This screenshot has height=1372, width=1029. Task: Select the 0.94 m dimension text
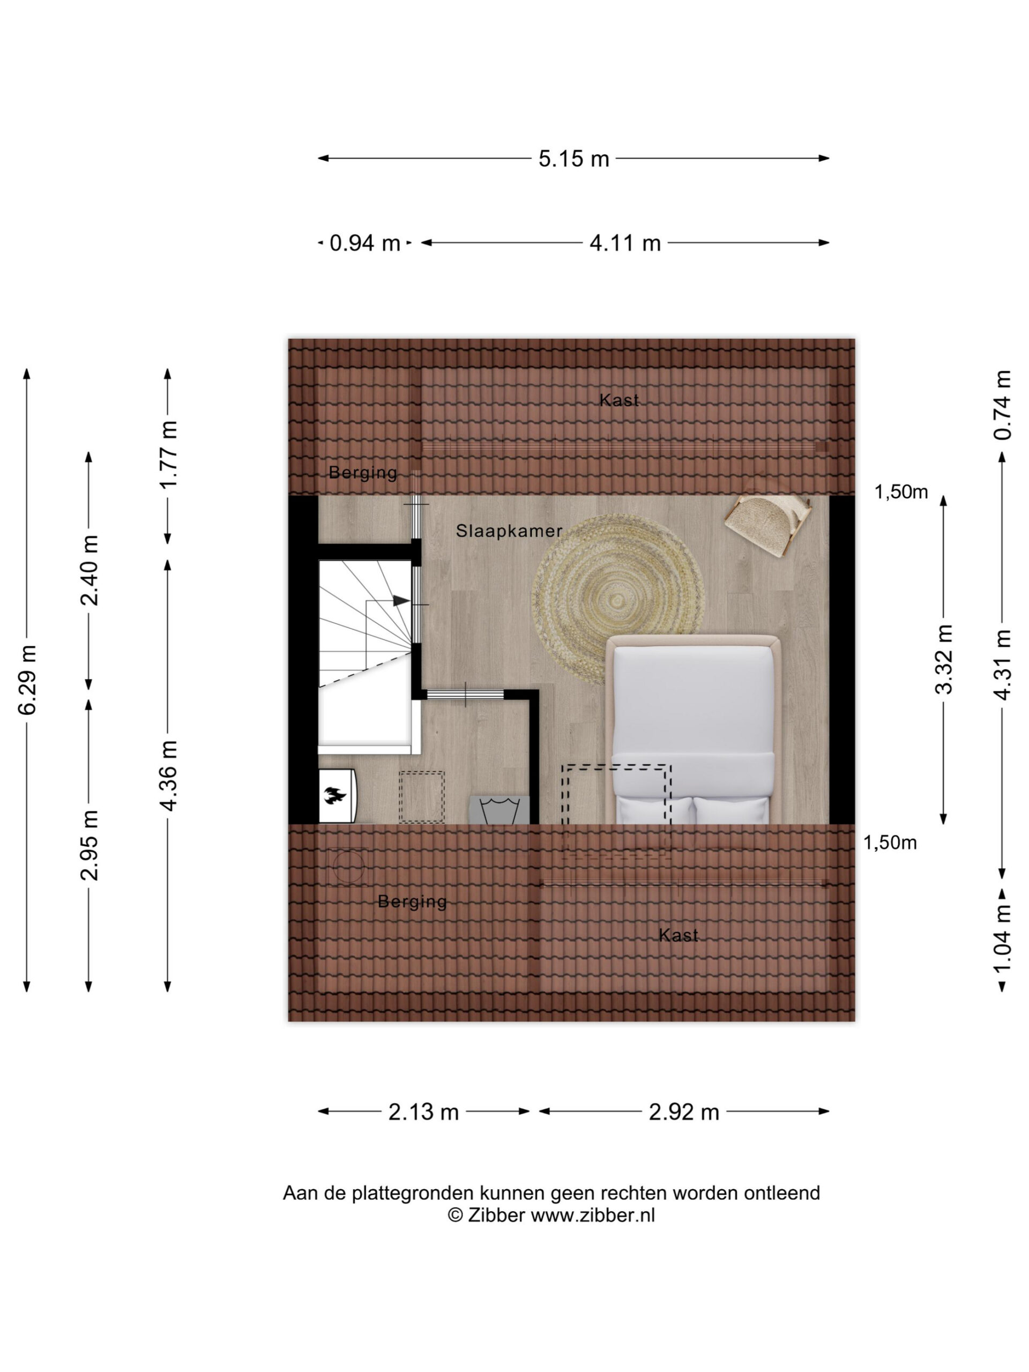click(365, 243)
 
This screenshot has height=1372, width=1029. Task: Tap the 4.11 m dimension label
click(624, 243)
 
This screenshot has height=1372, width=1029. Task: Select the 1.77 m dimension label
click(169, 454)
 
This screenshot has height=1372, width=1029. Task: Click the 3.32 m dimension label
click(943, 659)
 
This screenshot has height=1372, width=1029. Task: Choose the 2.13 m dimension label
click(423, 1112)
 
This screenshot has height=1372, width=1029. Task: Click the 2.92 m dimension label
click(683, 1112)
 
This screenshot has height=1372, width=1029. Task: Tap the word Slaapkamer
click(509, 531)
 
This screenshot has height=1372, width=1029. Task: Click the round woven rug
click(618, 599)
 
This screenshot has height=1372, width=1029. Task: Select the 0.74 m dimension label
click(1003, 405)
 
